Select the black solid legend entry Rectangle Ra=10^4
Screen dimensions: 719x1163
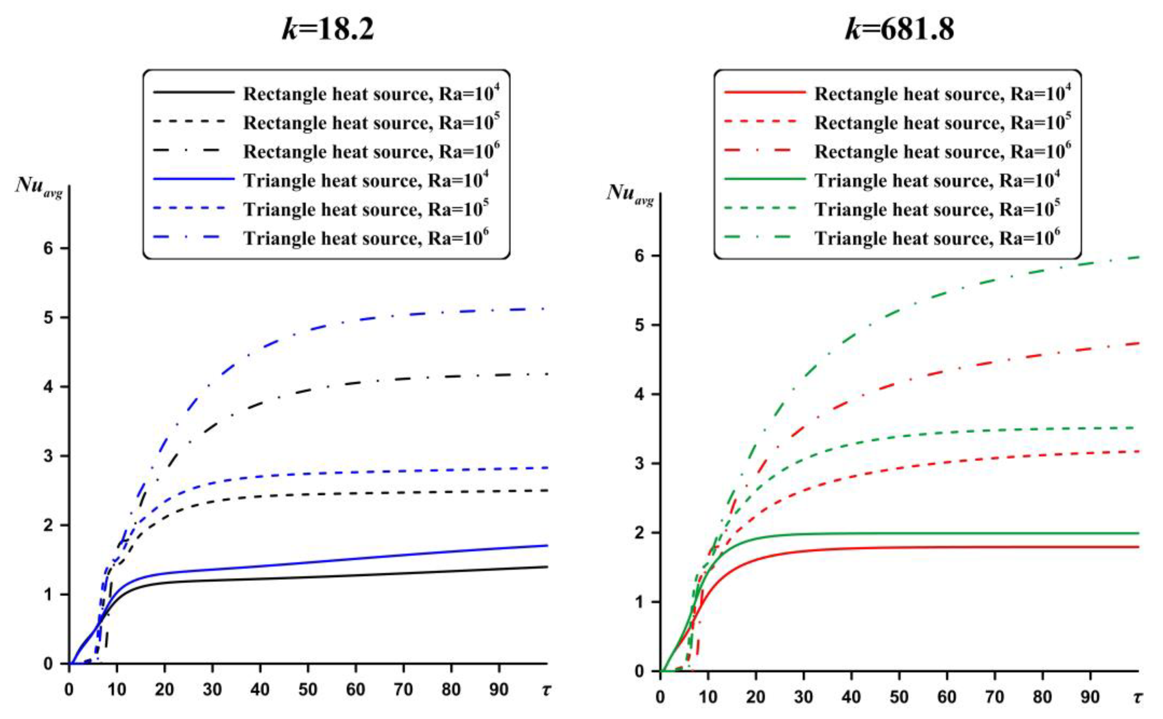coord(371,94)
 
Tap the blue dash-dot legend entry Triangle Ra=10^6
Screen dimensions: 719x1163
coord(366,238)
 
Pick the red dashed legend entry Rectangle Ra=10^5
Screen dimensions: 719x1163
coord(942,123)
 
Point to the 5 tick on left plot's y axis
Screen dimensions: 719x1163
coord(48,318)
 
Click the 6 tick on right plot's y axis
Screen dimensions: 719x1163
coord(639,256)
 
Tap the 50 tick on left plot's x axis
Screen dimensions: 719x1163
coord(307,689)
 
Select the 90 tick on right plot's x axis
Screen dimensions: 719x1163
coord(1090,697)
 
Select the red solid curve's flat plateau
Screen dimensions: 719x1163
coord(951,547)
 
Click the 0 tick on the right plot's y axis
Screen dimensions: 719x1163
coord(639,671)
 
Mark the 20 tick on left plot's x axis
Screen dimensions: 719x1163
coord(165,689)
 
